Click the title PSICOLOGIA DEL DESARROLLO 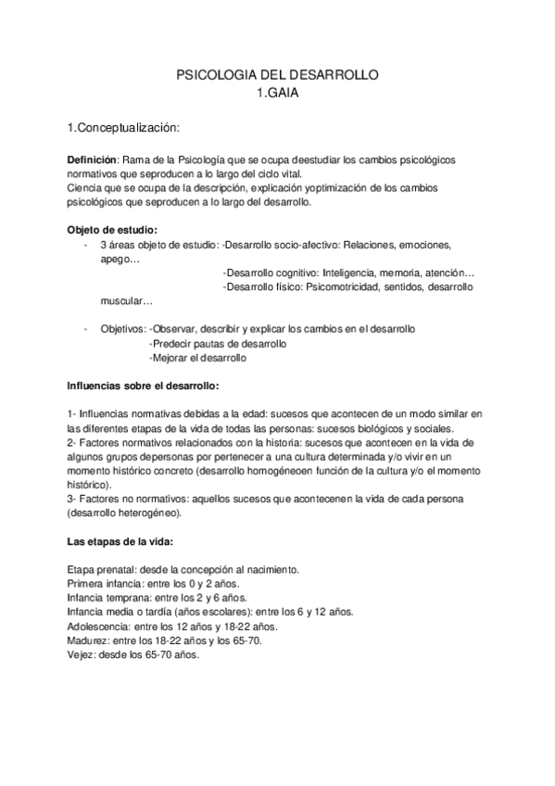click(x=278, y=77)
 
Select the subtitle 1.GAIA click(x=278, y=93)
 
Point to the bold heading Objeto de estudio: click(x=112, y=230)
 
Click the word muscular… click(x=127, y=301)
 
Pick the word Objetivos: click(x=122, y=329)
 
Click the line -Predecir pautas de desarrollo click(x=218, y=343)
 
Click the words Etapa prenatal click(x=100, y=569)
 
